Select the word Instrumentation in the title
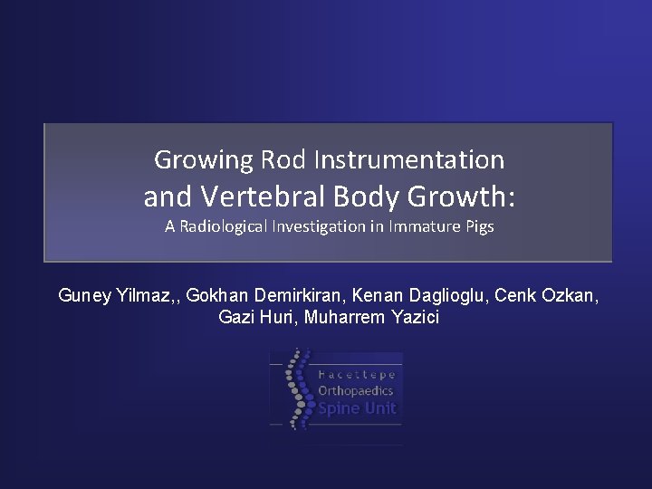coord(409,160)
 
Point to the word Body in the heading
coord(372,195)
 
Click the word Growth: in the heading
coord(465,195)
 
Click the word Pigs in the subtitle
coord(477,226)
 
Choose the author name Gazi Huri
coord(257,318)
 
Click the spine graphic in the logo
coord(294,388)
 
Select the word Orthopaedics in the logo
coord(356,390)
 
